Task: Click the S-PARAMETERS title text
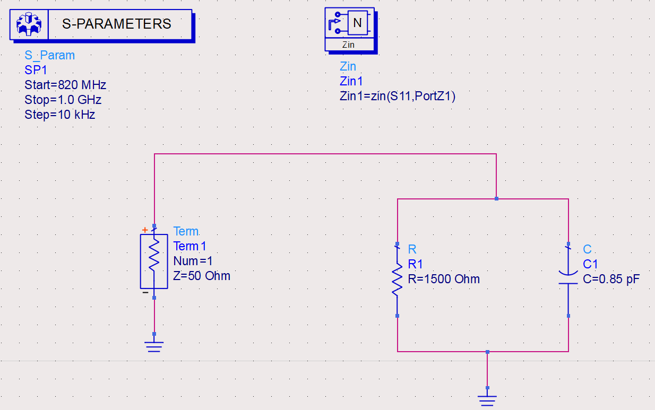(x=117, y=24)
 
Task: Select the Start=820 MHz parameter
(x=65, y=85)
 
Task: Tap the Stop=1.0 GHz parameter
(x=63, y=100)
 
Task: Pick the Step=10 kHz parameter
(x=59, y=114)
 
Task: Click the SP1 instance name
(x=36, y=70)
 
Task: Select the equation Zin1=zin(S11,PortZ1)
(x=398, y=96)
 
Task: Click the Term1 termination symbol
(x=154, y=260)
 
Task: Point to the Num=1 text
(x=193, y=261)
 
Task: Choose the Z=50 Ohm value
(x=202, y=276)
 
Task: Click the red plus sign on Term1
(x=144, y=230)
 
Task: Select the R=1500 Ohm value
(x=444, y=279)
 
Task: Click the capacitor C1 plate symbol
(x=568, y=278)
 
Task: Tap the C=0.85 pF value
(x=611, y=279)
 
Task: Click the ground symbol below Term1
(x=154, y=346)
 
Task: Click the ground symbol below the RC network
(x=487, y=400)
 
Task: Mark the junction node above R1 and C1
(x=496, y=199)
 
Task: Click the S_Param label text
(x=49, y=55)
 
